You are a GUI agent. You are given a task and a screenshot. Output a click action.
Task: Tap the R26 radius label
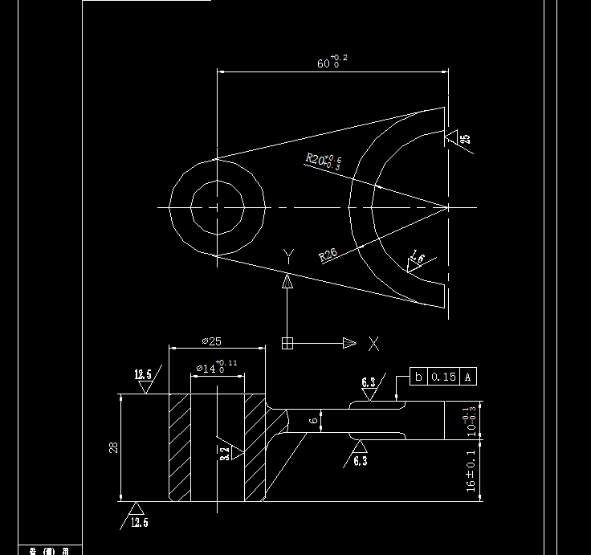coord(328,255)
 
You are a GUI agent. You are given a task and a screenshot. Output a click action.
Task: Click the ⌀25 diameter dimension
coord(211,341)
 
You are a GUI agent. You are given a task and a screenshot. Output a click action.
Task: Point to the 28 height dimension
coord(113,447)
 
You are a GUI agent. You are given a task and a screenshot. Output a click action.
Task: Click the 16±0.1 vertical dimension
coord(471,471)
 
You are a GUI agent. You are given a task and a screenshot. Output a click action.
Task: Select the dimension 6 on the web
coord(315,419)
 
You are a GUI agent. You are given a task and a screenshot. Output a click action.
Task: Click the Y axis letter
coord(288,255)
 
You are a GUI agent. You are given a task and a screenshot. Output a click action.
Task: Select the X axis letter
coord(373,344)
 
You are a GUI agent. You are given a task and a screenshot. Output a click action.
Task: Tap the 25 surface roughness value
coord(466,138)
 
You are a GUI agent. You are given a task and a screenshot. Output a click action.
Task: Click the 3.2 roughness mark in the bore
coord(226,452)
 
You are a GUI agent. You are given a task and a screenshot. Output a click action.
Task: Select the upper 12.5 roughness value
coord(143,374)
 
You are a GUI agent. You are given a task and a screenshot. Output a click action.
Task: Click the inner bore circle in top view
coord(217,208)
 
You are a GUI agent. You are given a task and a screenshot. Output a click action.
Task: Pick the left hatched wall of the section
coord(179,446)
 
